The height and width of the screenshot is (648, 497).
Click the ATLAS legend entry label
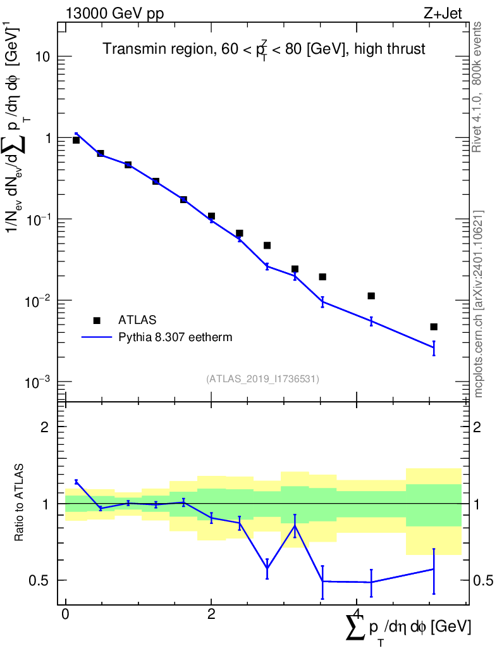(137, 320)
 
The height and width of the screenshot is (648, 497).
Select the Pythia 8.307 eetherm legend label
(175, 337)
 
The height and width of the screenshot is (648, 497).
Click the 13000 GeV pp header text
(114, 13)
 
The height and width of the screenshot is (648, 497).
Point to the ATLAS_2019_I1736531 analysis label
(262, 378)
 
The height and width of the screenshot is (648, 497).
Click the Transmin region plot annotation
(264, 49)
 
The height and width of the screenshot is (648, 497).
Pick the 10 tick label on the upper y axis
(43, 56)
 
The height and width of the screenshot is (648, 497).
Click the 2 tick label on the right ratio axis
(477, 427)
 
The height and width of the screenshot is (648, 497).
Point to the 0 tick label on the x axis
(65, 613)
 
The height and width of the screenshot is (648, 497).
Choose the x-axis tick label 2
(211, 613)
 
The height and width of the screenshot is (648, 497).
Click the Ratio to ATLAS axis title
(18, 502)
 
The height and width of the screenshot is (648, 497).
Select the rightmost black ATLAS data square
(433, 327)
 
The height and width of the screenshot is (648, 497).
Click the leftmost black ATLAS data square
(76, 140)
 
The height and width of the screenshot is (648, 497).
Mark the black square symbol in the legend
(97, 320)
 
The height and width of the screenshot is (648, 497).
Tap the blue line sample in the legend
(97, 337)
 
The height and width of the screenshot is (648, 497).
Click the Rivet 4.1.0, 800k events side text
(477, 87)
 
